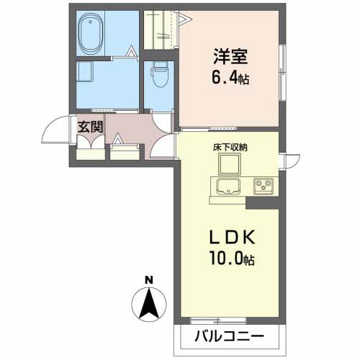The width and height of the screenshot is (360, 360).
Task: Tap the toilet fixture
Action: (158, 75)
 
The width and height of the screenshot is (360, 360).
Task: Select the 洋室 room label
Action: (231, 55)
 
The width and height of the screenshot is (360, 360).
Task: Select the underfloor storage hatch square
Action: (230, 167)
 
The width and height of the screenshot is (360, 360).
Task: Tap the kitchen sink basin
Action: (228, 188)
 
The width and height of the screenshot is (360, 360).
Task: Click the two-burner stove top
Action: (264, 186)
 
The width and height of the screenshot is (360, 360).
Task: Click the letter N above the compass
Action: (148, 280)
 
